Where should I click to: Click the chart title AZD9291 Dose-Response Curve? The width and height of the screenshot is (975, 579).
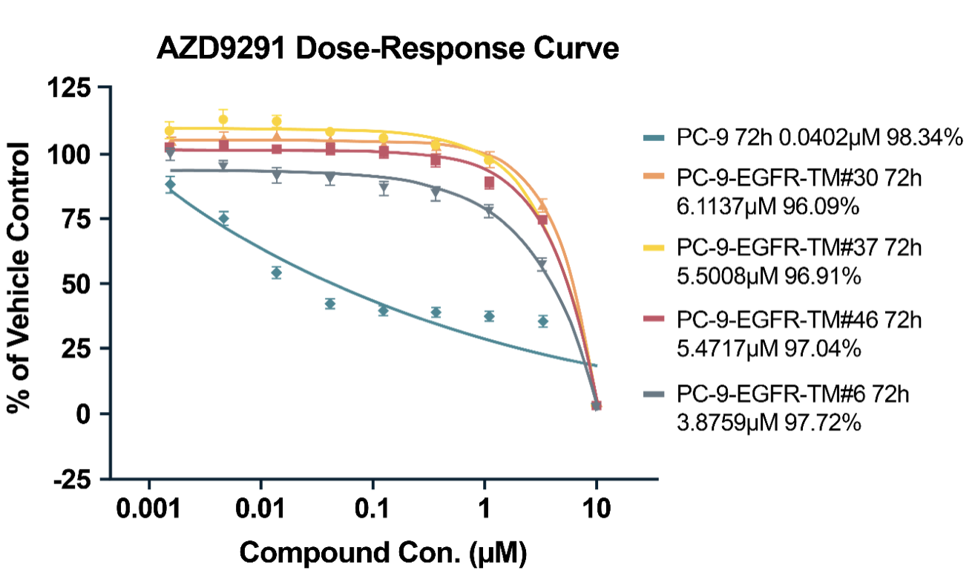click(387, 50)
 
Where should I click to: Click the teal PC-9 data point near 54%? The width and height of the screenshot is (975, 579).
click(276, 272)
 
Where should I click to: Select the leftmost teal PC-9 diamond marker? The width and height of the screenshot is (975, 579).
click(170, 185)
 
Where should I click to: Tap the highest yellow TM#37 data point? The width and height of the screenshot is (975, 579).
click(223, 120)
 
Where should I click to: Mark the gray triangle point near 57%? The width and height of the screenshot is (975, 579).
click(542, 264)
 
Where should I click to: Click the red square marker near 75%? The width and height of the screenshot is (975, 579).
click(542, 219)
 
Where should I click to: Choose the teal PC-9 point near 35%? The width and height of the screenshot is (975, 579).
click(543, 321)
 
